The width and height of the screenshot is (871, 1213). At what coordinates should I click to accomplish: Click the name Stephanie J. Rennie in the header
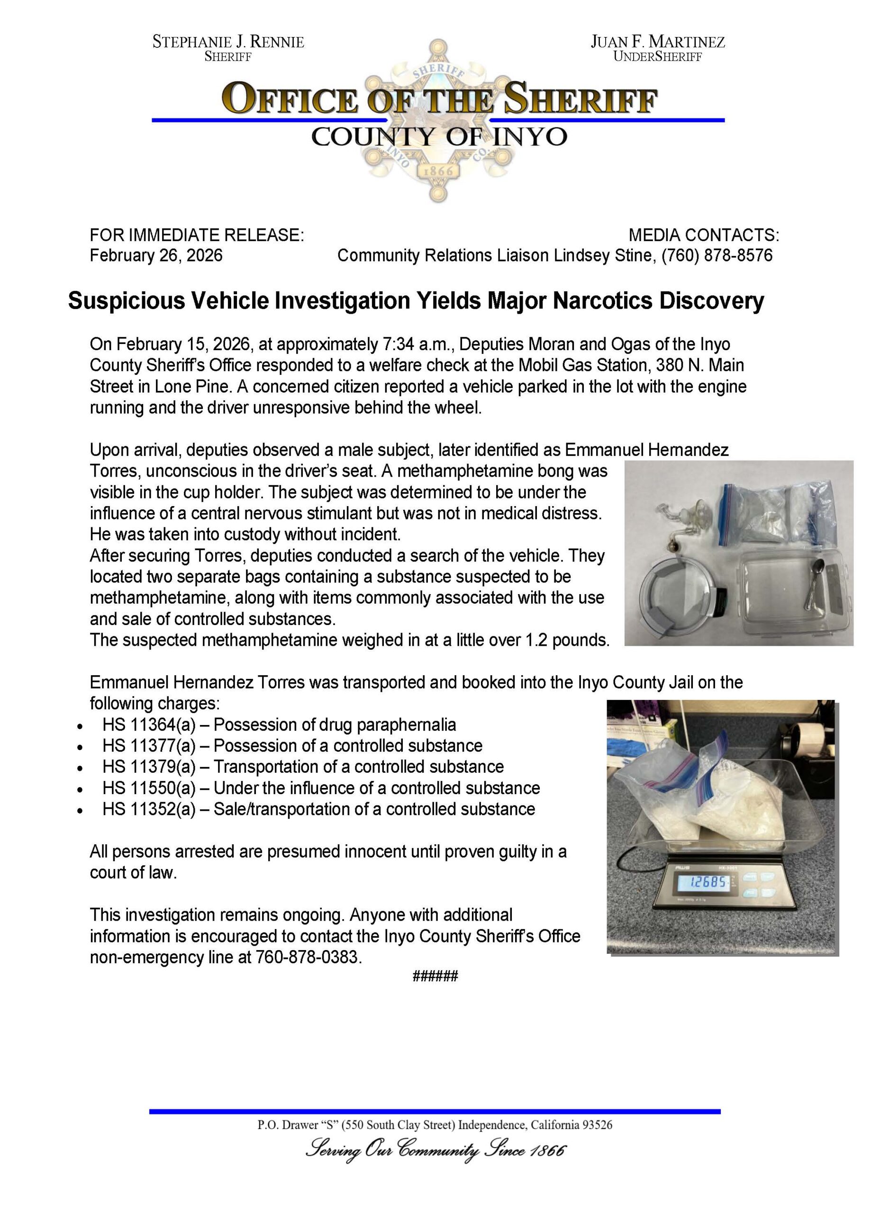(x=228, y=42)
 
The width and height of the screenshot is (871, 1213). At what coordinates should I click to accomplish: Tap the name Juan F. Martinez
(x=658, y=42)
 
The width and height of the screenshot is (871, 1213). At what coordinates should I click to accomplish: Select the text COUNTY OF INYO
(x=439, y=137)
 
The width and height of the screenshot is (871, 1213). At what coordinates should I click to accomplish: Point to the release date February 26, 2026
(x=156, y=255)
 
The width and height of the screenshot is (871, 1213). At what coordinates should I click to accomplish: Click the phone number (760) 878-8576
(x=717, y=255)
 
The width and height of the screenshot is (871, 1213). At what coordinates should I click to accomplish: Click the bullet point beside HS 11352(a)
(x=80, y=810)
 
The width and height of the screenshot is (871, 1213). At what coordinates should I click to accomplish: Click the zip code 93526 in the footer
(x=597, y=1125)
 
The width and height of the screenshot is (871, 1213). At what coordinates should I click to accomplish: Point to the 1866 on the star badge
(x=438, y=171)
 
